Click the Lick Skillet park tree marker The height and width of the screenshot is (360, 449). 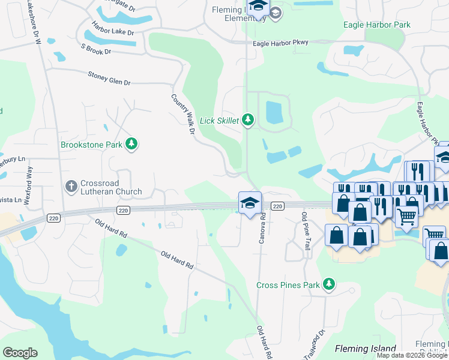247,120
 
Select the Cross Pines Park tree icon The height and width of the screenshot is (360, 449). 328,284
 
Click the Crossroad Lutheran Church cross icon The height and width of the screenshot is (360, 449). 71,186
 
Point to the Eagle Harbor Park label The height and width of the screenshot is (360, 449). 376,25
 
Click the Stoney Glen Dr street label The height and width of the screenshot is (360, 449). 109,78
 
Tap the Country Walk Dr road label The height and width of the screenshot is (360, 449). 183,113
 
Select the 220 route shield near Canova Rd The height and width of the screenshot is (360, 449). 277,206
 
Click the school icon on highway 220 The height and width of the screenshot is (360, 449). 249,202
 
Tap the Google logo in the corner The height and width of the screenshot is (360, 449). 20,353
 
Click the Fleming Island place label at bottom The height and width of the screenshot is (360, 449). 365,349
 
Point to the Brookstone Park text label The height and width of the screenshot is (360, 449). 91,145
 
